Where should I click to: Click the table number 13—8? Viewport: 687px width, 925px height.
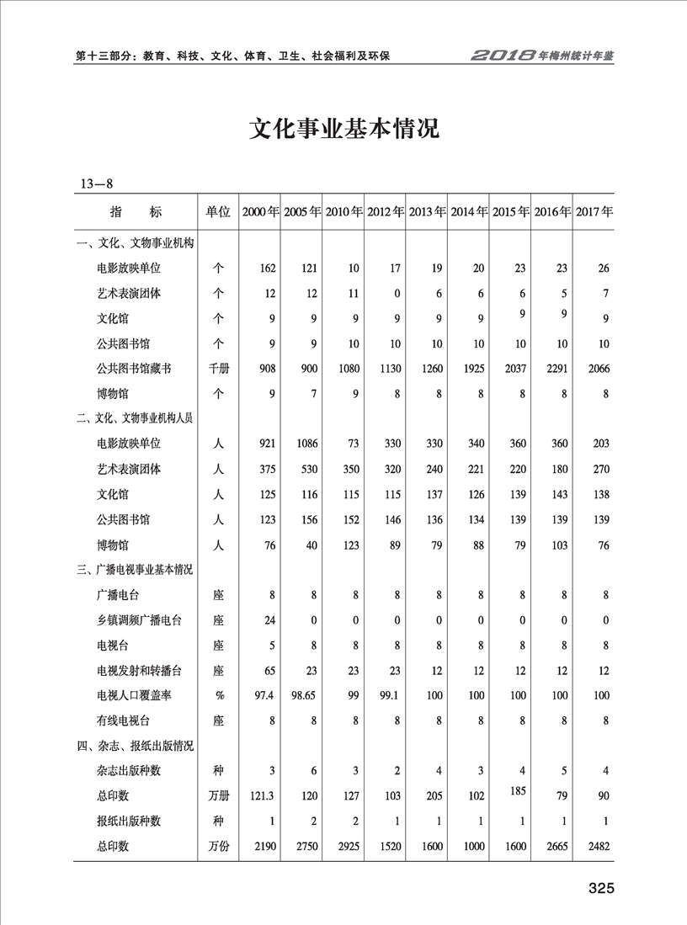97,183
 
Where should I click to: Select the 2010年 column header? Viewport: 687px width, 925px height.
343,212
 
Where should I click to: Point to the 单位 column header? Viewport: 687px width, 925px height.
217,212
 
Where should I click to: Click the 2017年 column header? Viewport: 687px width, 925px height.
594,212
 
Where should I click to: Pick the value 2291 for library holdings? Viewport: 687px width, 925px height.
557,368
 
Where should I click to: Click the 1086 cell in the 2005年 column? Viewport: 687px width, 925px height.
305,444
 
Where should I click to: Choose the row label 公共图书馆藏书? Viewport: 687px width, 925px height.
135,368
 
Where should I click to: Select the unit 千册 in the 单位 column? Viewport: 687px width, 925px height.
217,368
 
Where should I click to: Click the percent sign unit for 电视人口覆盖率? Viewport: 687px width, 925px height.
217,694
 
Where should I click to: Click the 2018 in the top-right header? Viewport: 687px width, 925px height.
503,56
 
